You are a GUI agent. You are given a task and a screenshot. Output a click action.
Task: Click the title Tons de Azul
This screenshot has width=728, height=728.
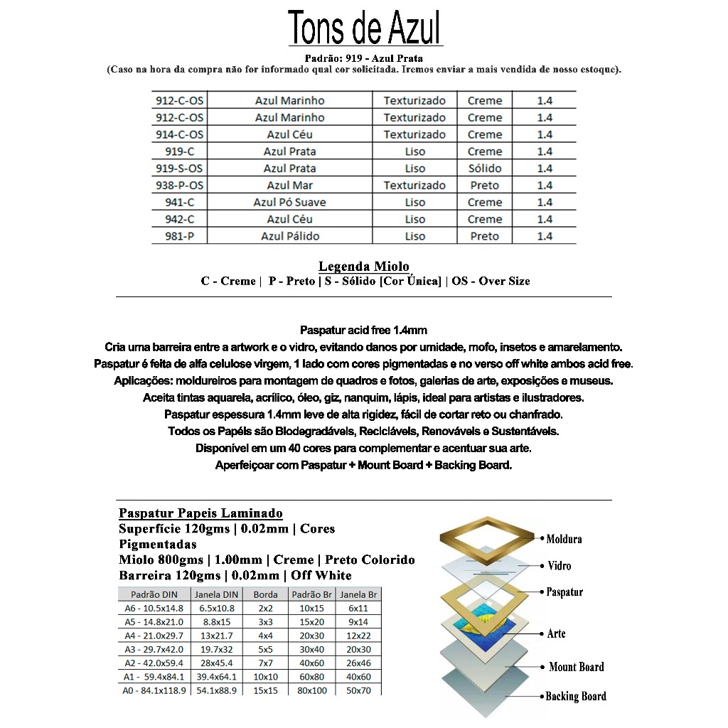pyautogui.click(x=365, y=28)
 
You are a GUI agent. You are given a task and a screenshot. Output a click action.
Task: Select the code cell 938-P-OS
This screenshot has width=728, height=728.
pyautogui.click(x=179, y=186)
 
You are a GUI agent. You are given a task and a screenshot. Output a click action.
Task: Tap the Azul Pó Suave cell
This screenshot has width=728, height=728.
pyautogui.click(x=289, y=203)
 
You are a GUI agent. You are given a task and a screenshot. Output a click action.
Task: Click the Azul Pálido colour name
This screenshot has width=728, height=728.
pyautogui.click(x=289, y=236)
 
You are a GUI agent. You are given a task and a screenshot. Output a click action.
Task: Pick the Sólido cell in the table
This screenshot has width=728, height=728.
pyautogui.click(x=484, y=168)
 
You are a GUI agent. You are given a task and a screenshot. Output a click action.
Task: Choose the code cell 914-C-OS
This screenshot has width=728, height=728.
pyautogui.click(x=179, y=134)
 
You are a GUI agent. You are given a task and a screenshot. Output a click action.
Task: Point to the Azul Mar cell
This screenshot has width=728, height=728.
pyautogui.click(x=289, y=186)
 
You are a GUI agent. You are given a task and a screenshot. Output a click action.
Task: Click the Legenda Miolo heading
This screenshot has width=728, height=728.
pyautogui.click(x=363, y=267)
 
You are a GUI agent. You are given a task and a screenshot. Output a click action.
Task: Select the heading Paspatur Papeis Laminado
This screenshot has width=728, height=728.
pyautogui.click(x=200, y=513)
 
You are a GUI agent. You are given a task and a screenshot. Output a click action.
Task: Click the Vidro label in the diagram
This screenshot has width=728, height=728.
pyautogui.click(x=559, y=566)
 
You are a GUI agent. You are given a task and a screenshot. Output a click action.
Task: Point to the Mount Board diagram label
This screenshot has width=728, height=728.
pyautogui.click(x=576, y=667)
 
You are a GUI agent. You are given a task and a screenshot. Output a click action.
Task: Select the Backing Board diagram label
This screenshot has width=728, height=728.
pyautogui.click(x=575, y=697)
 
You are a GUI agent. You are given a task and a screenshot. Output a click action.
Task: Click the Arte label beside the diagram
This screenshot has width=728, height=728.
pyautogui.click(x=556, y=633)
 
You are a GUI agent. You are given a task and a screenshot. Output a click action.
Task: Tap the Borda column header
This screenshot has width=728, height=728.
pyautogui.click(x=265, y=594)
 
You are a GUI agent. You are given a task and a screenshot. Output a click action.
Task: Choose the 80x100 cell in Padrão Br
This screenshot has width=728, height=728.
pyautogui.click(x=312, y=690)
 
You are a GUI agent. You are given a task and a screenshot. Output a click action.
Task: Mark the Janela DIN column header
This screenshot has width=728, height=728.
pyautogui.click(x=216, y=594)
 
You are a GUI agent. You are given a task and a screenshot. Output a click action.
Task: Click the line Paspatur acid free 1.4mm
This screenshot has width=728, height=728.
pyautogui.click(x=363, y=330)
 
